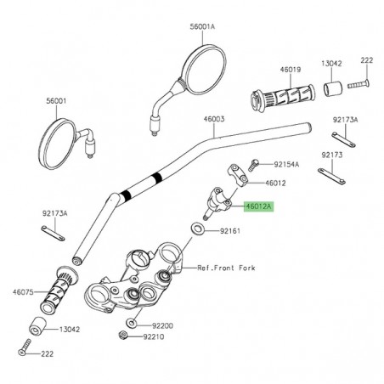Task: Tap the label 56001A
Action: coord(201,25)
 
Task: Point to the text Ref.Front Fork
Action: coord(227,268)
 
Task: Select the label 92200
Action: coord(162,325)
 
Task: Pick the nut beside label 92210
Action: coord(125,336)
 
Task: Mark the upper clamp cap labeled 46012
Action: coord(236,178)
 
